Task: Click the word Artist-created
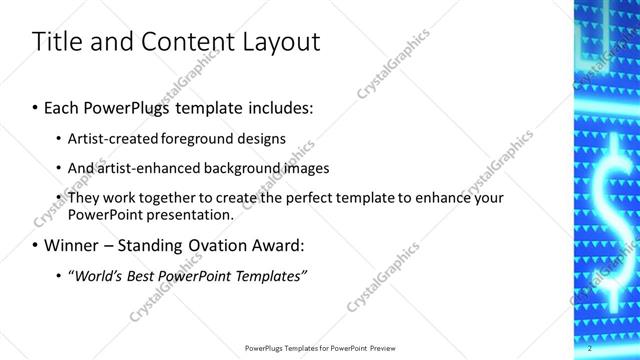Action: click(x=107, y=139)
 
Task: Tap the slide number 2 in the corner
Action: click(x=589, y=348)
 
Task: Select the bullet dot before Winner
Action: click(x=36, y=245)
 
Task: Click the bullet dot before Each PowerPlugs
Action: click(x=36, y=106)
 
